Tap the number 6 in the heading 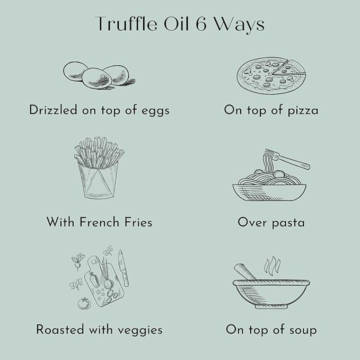tap(201, 24)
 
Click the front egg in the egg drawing tap(98, 78)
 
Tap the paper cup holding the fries tap(99, 180)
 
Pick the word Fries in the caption tap(138, 222)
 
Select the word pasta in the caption tap(288, 223)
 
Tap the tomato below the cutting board tap(84, 303)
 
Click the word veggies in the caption tap(140, 331)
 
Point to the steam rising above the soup tap(272, 266)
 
